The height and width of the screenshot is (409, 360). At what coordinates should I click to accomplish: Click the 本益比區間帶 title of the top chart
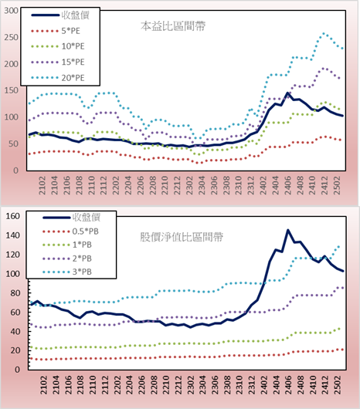(173, 26)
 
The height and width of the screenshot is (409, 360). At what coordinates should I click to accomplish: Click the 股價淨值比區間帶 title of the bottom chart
(182, 237)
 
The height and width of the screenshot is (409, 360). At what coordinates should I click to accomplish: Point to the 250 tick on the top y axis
(12, 37)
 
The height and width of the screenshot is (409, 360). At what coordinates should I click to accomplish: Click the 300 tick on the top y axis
(12, 11)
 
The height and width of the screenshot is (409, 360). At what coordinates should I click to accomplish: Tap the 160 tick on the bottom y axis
(12, 216)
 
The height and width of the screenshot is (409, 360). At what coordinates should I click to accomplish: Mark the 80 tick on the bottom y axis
(15, 293)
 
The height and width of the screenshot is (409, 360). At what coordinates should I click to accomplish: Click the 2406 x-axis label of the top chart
(287, 185)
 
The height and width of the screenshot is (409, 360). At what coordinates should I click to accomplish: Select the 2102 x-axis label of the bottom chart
(43, 385)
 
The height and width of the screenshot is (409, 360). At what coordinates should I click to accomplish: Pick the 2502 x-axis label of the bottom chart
(338, 385)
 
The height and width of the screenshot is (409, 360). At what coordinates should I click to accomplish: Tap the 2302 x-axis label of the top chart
(189, 185)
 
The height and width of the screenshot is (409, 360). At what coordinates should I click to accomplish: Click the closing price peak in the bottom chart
(288, 230)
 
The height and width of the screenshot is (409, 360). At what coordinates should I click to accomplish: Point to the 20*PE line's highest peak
(324, 34)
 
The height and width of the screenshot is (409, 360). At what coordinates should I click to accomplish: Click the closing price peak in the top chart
(287, 93)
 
